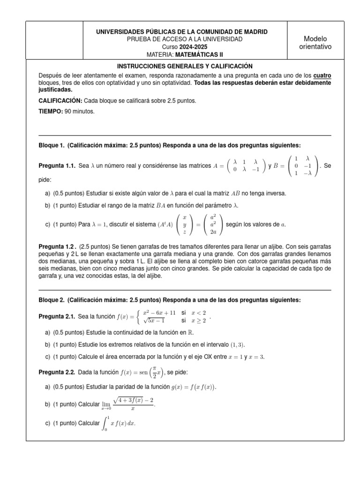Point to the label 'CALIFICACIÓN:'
point(60,100)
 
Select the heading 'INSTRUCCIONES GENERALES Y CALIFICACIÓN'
point(184,67)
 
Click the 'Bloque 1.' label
point(52,145)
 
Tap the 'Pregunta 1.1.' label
point(57,166)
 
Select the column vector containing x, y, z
point(184,225)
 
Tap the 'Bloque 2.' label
point(52,300)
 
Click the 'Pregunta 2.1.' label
point(57,317)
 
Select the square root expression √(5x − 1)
point(154,321)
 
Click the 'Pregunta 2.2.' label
point(57,372)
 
